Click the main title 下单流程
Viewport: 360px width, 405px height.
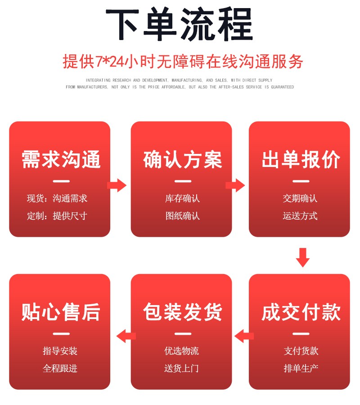tap(180, 26)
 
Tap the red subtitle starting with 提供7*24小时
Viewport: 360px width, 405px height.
tap(180, 62)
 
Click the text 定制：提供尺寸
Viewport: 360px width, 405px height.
tap(57, 216)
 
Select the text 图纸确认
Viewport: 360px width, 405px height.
tap(182, 216)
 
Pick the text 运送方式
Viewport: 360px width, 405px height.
tap(300, 216)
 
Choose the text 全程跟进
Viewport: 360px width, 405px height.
tap(60, 369)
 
